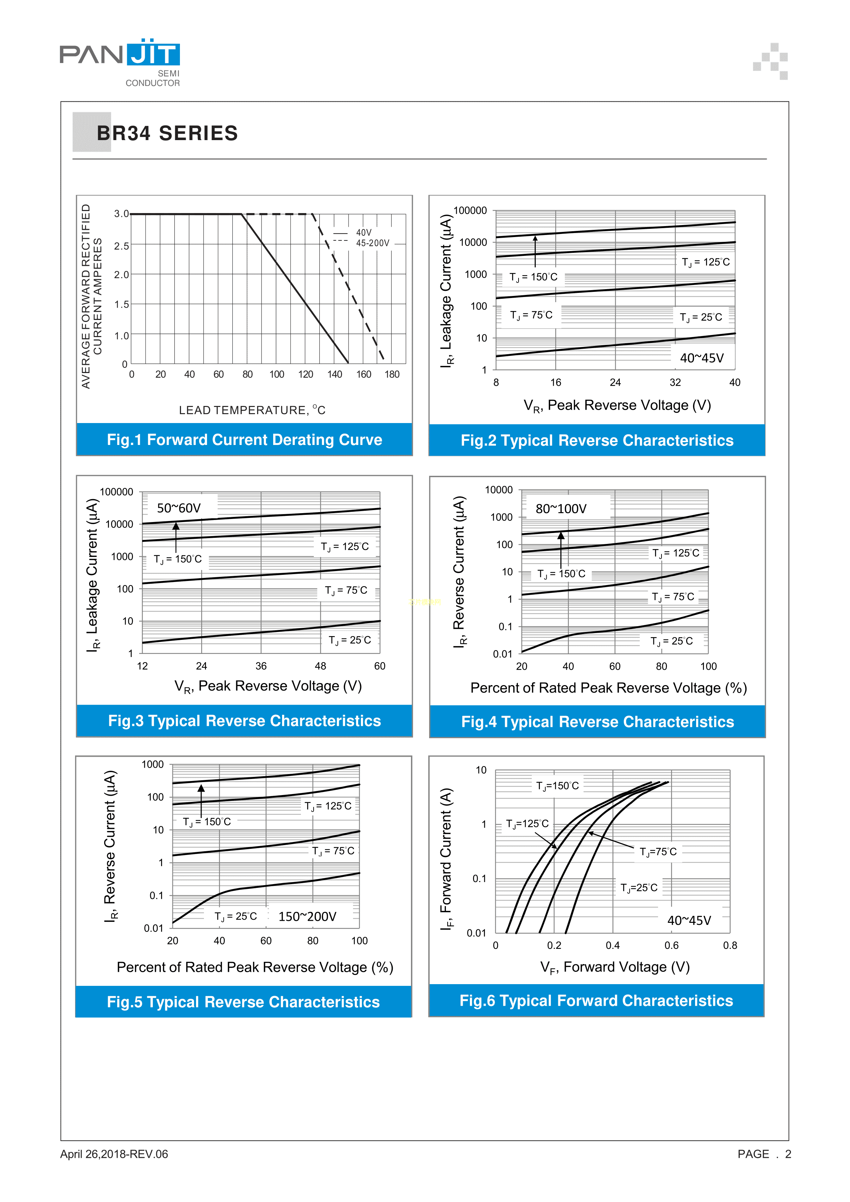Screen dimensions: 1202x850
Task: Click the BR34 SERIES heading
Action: tap(167, 134)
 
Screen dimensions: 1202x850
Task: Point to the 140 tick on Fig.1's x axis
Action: tap(335, 375)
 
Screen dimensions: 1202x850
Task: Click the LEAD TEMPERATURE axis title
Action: tap(252, 410)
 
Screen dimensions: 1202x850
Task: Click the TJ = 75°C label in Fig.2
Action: tap(531, 315)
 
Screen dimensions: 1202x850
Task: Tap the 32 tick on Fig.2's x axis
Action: tap(675, 383)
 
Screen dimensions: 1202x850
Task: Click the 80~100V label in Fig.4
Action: tap(560, 509)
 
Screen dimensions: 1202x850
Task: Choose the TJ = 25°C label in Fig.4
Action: tap(671, 641)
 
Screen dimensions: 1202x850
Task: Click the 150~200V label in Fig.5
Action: tap(307, 917)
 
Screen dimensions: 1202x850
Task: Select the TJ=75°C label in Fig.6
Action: tap(658, 852)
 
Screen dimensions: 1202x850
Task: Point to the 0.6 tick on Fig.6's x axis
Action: tap(671, 945)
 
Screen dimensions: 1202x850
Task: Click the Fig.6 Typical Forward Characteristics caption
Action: tap(596, 1001)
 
